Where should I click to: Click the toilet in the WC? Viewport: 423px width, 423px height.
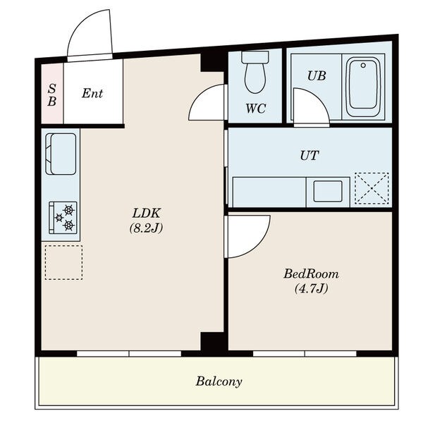coord(255,72)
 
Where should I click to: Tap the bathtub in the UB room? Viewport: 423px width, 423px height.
coord(363,87)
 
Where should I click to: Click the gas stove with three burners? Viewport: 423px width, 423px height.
coord(63,218)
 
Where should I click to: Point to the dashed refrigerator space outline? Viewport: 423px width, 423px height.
coord(63,262)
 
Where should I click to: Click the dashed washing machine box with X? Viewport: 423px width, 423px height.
coord(372,188)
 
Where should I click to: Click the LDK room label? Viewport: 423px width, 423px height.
coord(147,213)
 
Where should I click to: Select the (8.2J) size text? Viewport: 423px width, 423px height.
coord(146,228)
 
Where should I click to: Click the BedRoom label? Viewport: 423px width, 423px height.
coord(311,274)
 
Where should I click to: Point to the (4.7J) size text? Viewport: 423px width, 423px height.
coord(311,288)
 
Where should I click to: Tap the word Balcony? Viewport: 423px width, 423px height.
coord(219,381)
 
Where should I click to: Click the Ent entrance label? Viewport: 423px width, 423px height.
coord(92,93)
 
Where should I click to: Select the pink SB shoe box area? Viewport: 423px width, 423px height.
coord(52,94)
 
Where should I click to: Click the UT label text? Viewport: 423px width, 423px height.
coord(309,156)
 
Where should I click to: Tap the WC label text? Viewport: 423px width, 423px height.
coord(256,109)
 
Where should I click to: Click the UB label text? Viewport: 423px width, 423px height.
coord(317,76)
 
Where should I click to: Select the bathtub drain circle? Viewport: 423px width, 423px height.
coord(363,66)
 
